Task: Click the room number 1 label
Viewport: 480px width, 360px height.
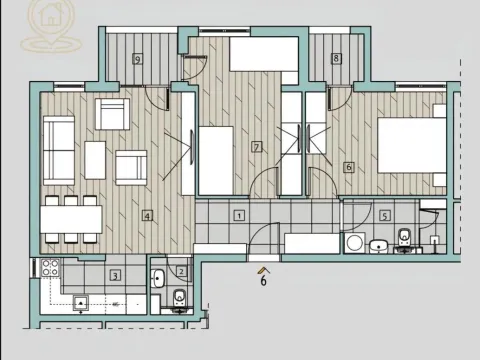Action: (x=239, y=214)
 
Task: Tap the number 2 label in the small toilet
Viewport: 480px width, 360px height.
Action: (x=181, y=271)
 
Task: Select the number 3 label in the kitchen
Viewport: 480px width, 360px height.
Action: (x=116, y=275)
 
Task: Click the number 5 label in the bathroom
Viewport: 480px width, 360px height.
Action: (x=385, y=215)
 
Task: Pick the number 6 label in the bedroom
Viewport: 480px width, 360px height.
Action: (x=348, y=167)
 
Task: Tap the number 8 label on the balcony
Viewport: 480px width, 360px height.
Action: (x=336, y=59)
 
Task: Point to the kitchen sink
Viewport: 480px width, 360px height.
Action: (x=82, y=303)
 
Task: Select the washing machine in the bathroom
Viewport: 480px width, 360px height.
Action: (x=353, y=243)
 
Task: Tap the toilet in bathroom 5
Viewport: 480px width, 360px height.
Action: (x=404, y=238)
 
